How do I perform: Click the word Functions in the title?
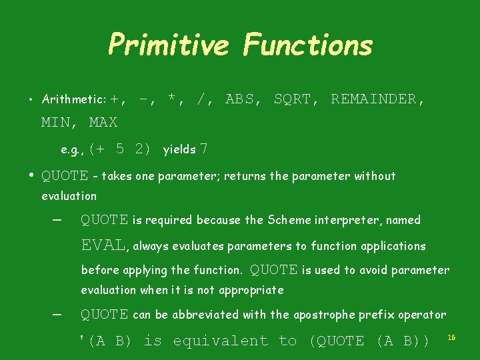307,45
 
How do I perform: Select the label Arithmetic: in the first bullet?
73,99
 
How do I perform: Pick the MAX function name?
103,122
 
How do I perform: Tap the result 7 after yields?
204,149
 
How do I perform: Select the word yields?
179,150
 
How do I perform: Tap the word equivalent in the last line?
221,341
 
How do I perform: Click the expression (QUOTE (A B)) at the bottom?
369,341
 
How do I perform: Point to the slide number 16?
451,338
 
